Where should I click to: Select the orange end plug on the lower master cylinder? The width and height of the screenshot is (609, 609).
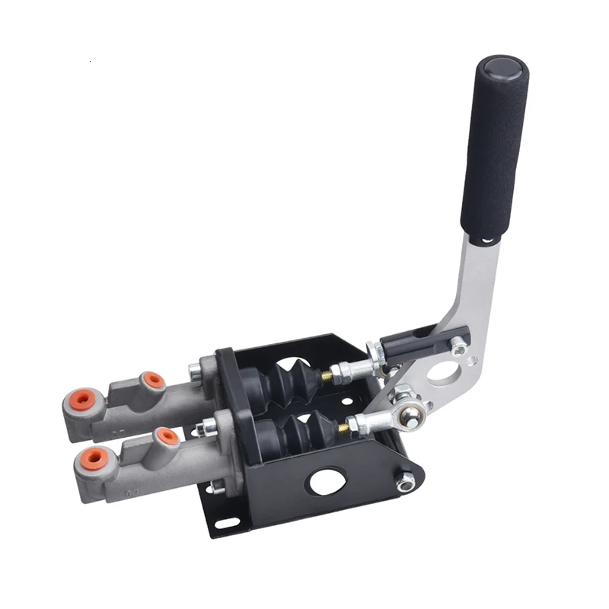click(x=94, y=458)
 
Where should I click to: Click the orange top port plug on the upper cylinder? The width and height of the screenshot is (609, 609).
click(x=153, y=380)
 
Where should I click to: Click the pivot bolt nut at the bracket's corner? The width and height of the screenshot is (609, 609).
click(x=406, y=481)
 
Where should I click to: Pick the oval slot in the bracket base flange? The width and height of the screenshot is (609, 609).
click(x=226, y=523)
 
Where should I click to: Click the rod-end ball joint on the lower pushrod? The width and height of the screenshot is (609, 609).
click(x=411, y=416)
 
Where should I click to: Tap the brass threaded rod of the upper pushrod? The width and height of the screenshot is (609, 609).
click(x=327, y=376)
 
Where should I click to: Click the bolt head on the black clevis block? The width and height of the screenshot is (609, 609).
click(x=458, y=346)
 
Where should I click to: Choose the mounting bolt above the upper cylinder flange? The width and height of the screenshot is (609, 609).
click(x=196, y=372)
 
